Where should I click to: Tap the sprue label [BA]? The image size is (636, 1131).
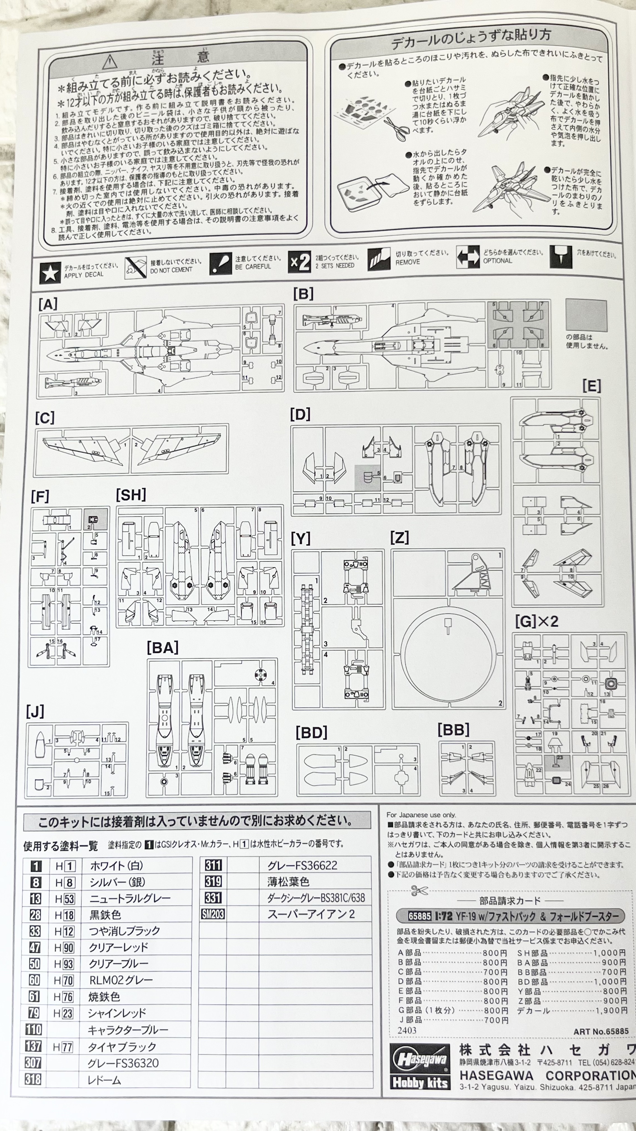(x=162, y=648)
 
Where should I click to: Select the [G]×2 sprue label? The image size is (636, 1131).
(x=536, y=621)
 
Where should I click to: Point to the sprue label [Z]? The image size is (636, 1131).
(x=399, y=537)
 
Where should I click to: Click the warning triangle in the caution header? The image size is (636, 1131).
(x=110, y=62)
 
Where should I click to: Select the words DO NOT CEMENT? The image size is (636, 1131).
(x=171, y=270)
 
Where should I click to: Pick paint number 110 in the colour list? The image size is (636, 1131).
(x=34, y=1029)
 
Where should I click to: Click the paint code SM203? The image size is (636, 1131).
(x=213, y=914)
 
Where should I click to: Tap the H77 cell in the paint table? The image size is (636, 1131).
(x=63, y=1047)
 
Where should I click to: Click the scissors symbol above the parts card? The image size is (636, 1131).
(x=419, y=890)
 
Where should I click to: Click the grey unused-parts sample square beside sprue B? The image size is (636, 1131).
(x=586, y=315)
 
